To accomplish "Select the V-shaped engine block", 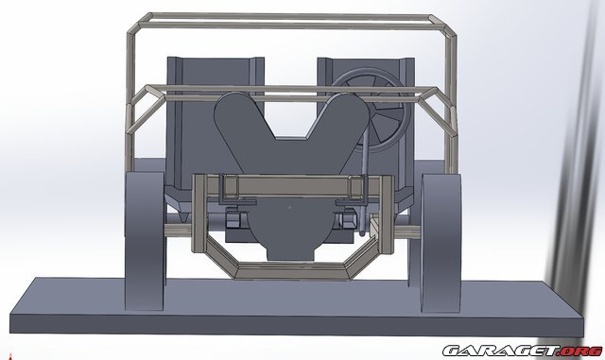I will pos(284,142).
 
